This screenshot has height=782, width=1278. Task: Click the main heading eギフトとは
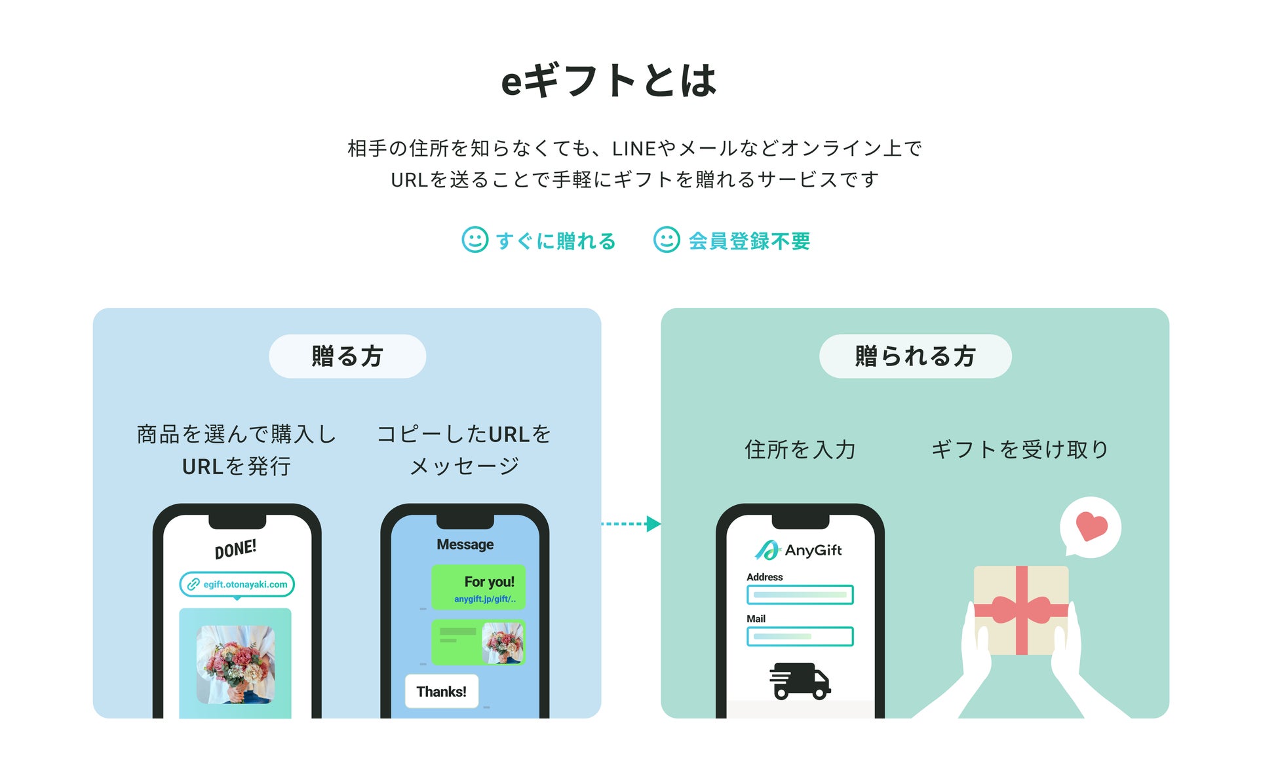(x=609, y=81)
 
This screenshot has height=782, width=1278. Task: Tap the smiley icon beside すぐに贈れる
(x=474, y=240)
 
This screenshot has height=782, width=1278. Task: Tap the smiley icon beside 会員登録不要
(x=667, y=240)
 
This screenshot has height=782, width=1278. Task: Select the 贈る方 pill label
(x=347, y=356)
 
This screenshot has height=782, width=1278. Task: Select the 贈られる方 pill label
(x=915, y=356)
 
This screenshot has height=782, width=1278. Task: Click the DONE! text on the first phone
(x=235, y=549)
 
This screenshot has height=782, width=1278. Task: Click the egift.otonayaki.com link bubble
(x=237, y=584)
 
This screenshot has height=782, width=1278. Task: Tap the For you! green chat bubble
(x=478, y=587)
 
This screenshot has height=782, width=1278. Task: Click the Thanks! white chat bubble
(x=442, y=692)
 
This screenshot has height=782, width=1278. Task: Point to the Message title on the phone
(x=465, y=544)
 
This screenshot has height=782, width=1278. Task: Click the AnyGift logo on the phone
(x=799, y=550)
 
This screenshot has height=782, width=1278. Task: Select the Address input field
(x=800, y=595)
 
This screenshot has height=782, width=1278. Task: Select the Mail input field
(x=800, y=637)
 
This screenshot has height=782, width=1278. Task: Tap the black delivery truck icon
(x=800, y=681)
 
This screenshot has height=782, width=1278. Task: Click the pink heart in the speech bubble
(x=1091, y=526)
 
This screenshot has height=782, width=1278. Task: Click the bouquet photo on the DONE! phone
(x=235, y=664)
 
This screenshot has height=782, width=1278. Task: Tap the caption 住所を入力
(x=800, y=450)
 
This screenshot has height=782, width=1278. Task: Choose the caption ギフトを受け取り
(x=1020, y=450)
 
